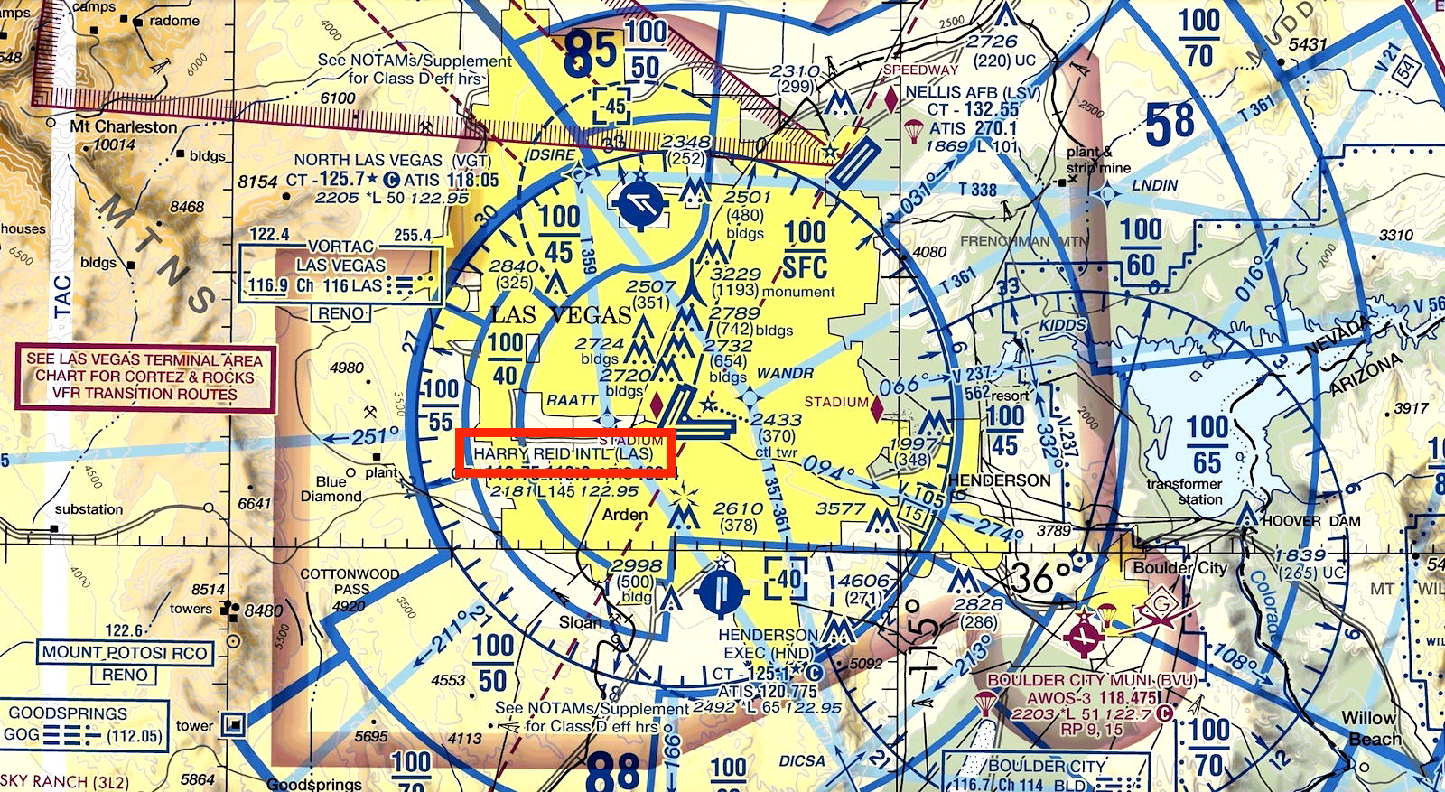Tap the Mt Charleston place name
124,126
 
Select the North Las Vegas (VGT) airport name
392,160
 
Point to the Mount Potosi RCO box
125,652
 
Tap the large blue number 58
1170,124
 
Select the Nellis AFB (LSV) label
973,92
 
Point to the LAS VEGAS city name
561,314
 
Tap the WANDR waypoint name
784,373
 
